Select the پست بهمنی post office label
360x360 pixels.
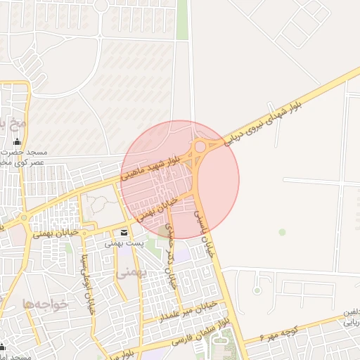(x=124, y=243)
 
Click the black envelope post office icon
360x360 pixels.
(x=124, y=233)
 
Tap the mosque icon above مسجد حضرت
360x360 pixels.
(x=18, y=143)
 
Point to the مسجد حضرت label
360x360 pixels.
(x=28, y=153)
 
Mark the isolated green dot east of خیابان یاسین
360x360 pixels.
(x=282, y=232)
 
